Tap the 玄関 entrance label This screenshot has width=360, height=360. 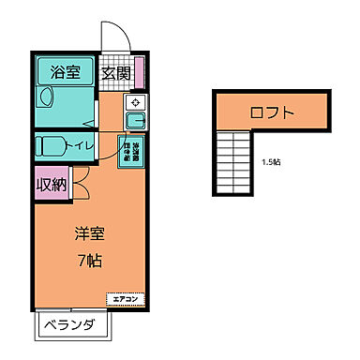coord(114,71)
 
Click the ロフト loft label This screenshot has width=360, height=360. coord(272,113)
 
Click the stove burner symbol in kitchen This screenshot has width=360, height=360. coord(134,102)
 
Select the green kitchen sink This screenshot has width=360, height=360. coord(134,120)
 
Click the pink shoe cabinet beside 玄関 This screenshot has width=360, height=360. coord(138,71)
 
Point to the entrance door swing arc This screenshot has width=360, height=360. coord(113,37)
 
